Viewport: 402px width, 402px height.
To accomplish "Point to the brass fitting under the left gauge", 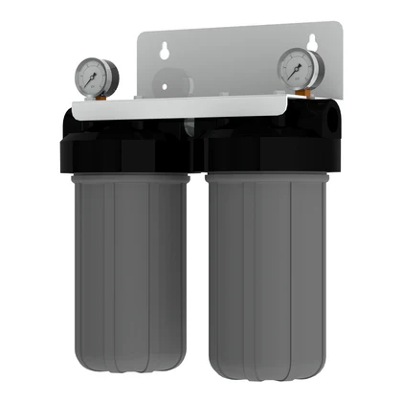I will (x=99, y=97).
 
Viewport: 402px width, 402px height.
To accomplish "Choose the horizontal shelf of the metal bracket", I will (x=191, y=106).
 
